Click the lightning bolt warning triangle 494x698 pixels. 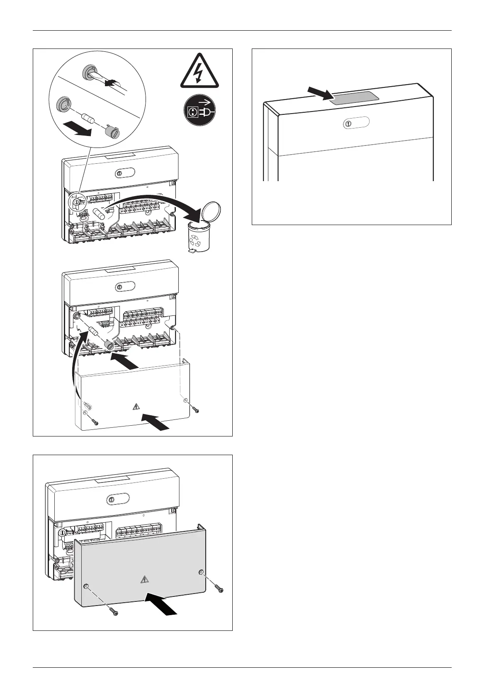pos(200,72)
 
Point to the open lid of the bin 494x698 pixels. pos(213,211)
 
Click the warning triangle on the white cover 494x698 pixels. pos(136,407)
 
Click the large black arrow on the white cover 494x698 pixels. pos(156,419)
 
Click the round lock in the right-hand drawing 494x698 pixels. pos(348,124)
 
